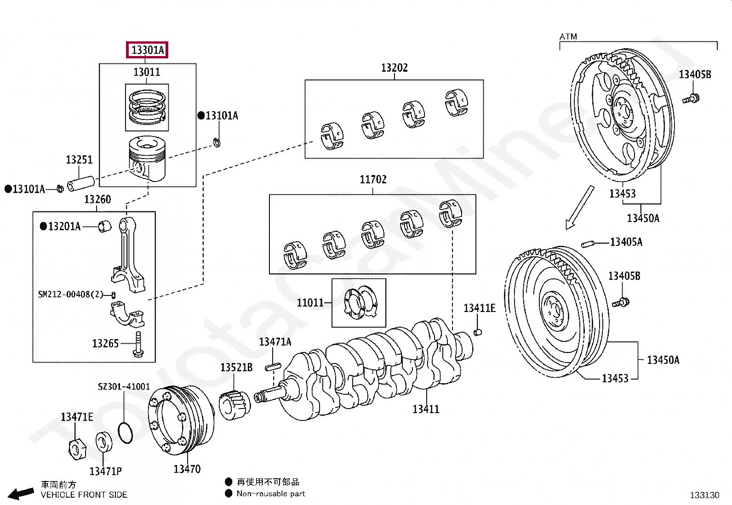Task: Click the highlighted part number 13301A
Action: pyautogui.click(x=148, y=50)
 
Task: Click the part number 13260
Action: pyautogui.click(x=97, y=199)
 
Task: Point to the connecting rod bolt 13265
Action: pyautogui.click(x=137, y=345)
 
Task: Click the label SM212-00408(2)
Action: pyautogui.click(x=71, y=294)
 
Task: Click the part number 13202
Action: pyautogui.click(x=394, y=68)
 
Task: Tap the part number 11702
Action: pyautogui.click(x=373, y=180)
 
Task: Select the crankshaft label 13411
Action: pyautogui.click(x=425, y=409)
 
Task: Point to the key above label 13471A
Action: pyautogui.click(x=273, y=367)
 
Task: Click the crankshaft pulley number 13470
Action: pyautogui.click(x=187, y=469)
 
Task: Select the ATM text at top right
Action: pyautogui.click(x=568, y=36)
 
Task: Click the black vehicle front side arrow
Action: pyautogui.click(x=21, y=494)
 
